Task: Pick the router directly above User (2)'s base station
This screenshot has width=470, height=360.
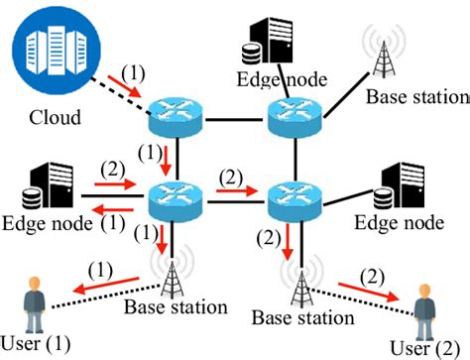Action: [x=294, y=198]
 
